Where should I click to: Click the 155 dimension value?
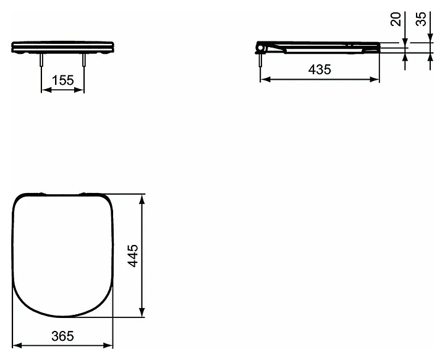click(62, 80)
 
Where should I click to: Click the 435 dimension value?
click(320, 70)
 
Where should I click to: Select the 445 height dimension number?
click(133, 255)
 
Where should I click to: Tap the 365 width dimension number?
click(62, 336)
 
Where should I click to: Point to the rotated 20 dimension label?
click(396, 19)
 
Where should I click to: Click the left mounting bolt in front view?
click(42, 59)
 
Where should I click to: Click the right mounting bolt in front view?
click(84, 59)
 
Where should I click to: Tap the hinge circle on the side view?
click(260, 48)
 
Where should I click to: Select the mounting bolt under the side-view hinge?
click(260, 60)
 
